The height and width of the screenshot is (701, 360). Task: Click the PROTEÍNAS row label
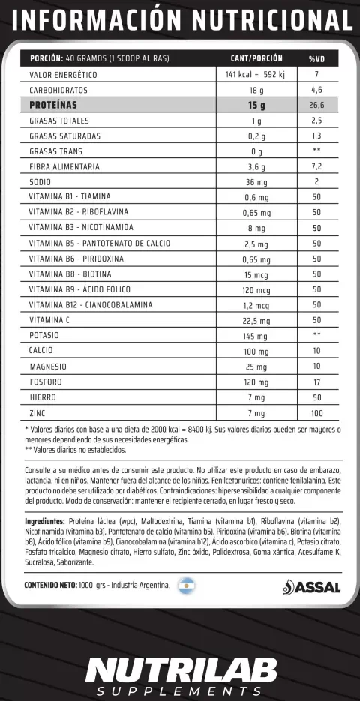[x=53, y=105]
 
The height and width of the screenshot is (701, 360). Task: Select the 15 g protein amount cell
[x=256, y=105]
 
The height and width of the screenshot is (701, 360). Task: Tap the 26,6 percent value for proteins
[x=316, y=105]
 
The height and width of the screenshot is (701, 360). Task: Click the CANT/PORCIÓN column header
[x=256, y=58]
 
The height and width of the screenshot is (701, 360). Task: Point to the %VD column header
[x=316, y=58]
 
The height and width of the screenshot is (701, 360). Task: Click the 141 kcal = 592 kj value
[x=256, y=75]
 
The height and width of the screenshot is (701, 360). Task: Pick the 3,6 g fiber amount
[x=256, y=166]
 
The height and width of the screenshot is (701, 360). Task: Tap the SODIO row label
[x=41, y=182]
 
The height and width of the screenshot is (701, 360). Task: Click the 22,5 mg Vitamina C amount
[x=256, y=320]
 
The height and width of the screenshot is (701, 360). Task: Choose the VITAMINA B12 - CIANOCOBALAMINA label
[x=91, y=305]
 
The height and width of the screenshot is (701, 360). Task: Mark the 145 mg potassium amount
[x=256, y=335]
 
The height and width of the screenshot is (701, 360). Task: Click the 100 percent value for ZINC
[x=316, y=413]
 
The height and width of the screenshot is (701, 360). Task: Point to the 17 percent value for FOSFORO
[x=316, y=382]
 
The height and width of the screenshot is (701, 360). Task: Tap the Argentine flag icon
[x=186, y=586]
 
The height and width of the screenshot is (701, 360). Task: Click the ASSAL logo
[x=312, y=587]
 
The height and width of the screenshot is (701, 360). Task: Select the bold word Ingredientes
[x=44, y=520]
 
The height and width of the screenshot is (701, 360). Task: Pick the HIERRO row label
[x=43, y=397]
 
